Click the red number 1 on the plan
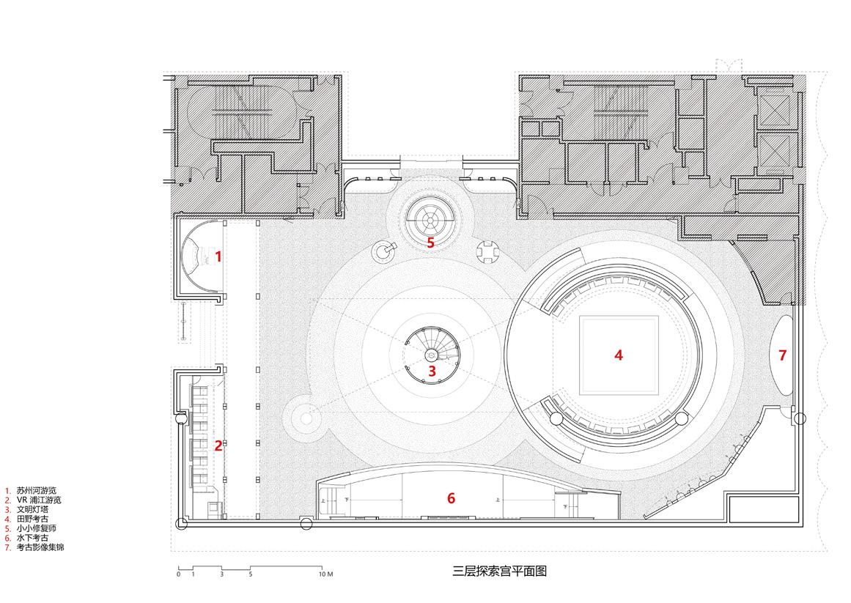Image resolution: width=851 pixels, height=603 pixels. [218, 256]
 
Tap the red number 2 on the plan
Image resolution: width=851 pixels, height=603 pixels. [218, 445]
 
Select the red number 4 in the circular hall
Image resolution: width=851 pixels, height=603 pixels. [619, 355]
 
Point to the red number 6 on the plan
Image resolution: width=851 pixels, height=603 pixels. [451, 498]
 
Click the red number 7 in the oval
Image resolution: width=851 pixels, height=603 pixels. [782, 355]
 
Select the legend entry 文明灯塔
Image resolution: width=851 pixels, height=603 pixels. [31, 509]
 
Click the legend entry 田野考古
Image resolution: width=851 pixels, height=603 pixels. [31, 519]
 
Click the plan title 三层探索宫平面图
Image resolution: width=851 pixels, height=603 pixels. [501, 571]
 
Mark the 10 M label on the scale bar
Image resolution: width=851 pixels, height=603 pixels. [325, 574]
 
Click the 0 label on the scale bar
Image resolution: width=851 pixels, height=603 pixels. [178, 574]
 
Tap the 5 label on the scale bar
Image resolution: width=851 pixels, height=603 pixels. [250, 574]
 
